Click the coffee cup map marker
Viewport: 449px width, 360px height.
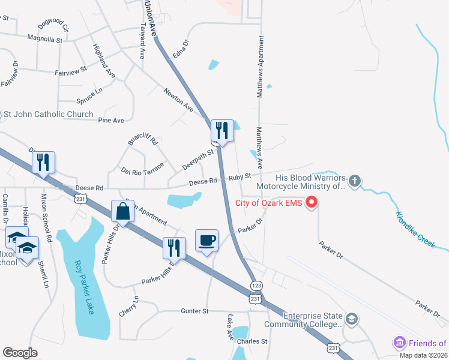coord(206,241)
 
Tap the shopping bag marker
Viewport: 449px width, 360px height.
coord(122,212)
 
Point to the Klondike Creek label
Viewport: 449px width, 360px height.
coord(415,230)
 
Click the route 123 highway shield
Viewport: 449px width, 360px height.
coord(256,286)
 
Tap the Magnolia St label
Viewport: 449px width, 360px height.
coord(45,39)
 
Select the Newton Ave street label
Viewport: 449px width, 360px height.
coord(179,99)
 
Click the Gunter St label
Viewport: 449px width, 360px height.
coord(194,311)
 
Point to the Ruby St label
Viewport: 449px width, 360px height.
coord(239,176)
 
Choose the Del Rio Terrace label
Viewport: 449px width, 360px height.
coord(142,168)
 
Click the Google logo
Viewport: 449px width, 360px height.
coord(20,352)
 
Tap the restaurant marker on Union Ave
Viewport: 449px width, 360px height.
coord(221,130)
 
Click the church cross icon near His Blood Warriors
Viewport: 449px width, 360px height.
coord(355,180)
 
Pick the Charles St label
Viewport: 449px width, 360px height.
coord(252,341)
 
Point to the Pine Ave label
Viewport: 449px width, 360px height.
coord(111,121)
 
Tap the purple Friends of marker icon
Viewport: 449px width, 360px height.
coord(400,343)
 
